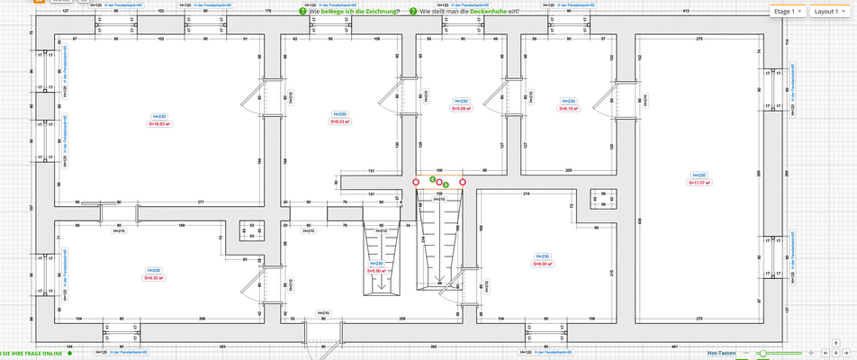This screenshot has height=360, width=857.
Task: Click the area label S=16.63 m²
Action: pyautogui.click(x=158, y=124)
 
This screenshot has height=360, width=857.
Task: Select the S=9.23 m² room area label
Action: pyautogui.click(x=339, y=121)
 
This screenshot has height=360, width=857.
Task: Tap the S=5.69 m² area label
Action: pyautogui.click(x=461, y=108)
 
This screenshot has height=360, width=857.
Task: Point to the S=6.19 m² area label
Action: pyautogui.click(x=568, y=108)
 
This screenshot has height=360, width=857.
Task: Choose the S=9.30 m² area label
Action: pyautogui.click(x=155, y=277)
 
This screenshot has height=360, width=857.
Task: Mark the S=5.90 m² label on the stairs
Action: pyautogui.click(x=377, y=270)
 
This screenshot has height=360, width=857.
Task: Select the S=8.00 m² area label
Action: pyautogui.click(x=542, y=264)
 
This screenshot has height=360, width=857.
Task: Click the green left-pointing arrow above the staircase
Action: pyautogui.click(x=432, y=180)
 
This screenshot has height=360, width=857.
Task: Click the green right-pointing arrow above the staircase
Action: pyautogui.click(x=445, y=184)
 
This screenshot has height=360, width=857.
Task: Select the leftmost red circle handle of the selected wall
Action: pyautogui.click(x=415, y=182)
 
